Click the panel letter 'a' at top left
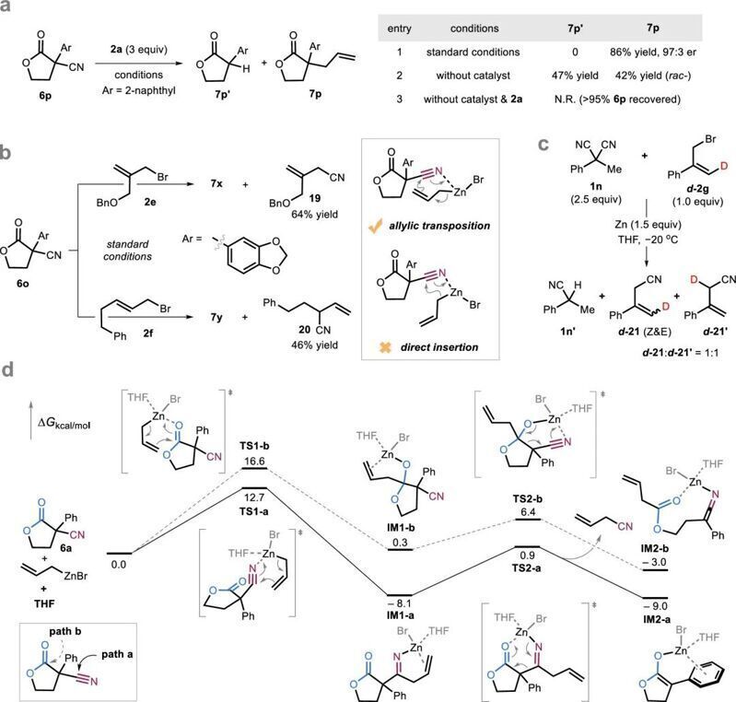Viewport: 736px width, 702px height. pyautogui.click(x=7, y=9)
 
